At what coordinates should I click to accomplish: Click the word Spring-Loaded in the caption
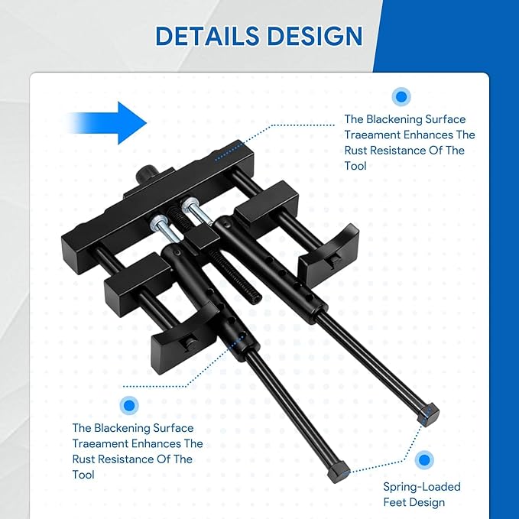422,487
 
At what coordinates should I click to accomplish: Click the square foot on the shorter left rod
339,471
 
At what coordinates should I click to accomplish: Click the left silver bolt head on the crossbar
157,223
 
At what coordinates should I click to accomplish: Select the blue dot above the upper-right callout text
401,97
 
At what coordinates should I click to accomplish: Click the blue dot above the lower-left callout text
128,406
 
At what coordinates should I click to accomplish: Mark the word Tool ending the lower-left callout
85,475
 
